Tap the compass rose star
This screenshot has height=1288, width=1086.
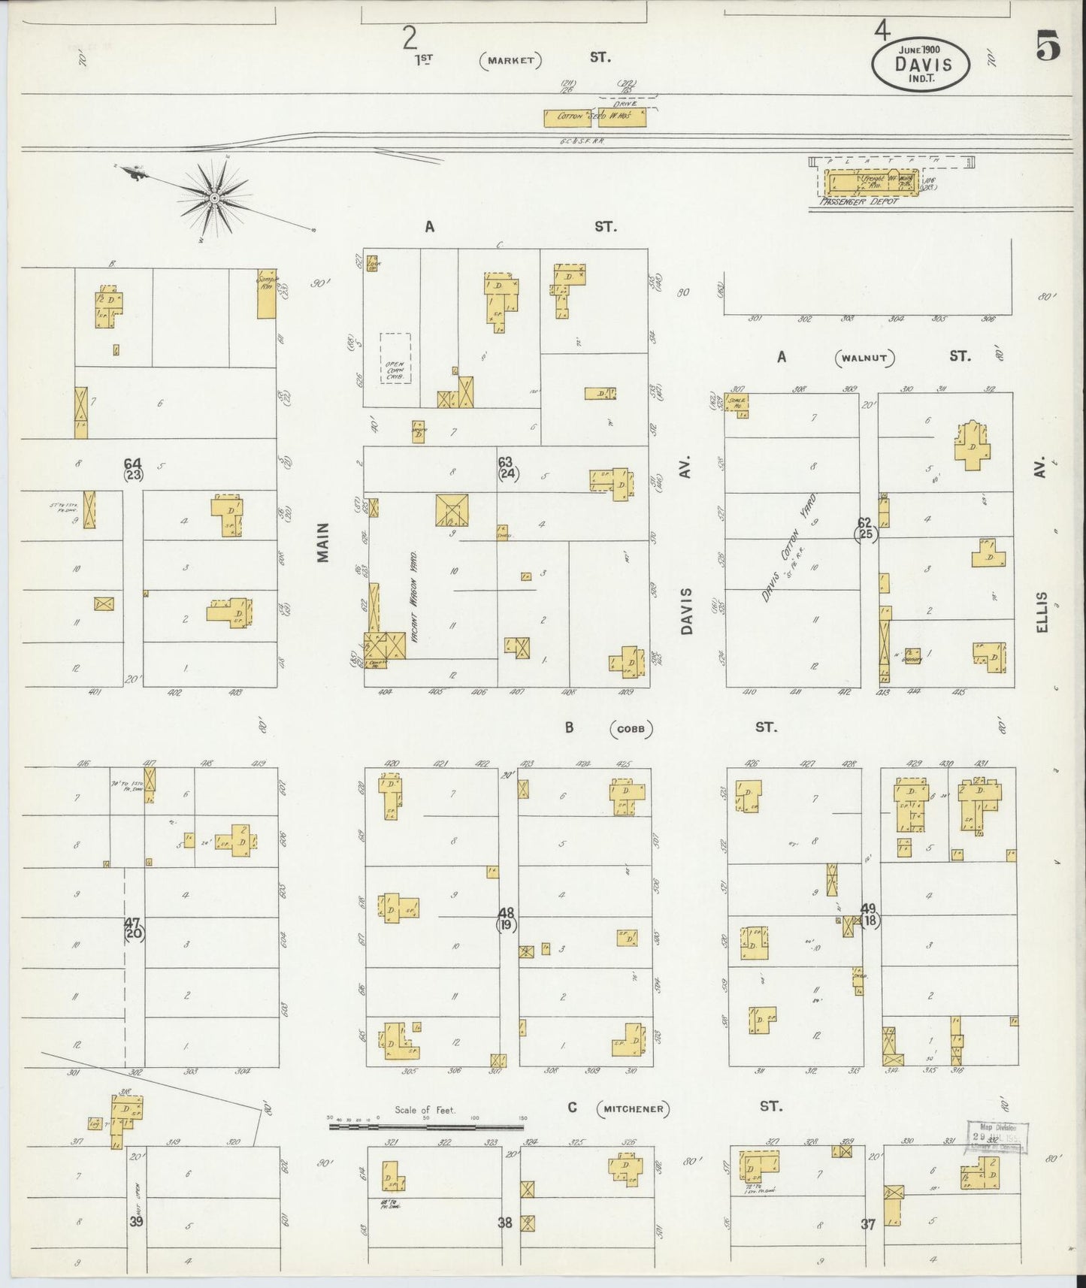(214, 198)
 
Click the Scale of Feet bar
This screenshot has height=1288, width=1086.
(426, 1126)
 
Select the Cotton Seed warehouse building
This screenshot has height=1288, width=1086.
(594, 117)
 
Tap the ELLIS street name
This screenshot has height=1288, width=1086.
(1041, 612)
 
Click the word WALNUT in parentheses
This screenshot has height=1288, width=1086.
(866, 358)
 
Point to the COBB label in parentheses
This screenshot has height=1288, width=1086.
(631, 728)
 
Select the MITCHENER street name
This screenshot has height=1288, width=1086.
(634, 1108)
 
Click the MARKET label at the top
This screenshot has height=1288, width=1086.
(511, 60)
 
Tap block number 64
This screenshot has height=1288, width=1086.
(133, 463)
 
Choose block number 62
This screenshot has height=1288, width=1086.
(865, 522)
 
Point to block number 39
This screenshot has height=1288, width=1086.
(136, 1221)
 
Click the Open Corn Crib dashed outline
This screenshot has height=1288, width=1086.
(395, 358)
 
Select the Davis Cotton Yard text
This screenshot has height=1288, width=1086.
(788, 549)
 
